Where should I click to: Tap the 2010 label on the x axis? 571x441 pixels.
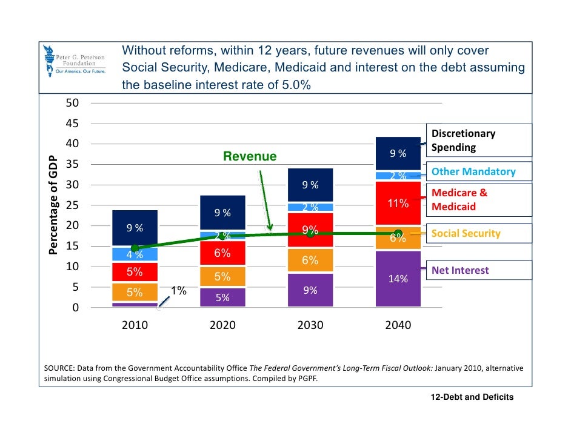135,325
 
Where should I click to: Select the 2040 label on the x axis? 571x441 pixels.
398,325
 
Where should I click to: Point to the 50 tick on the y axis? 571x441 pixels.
73,103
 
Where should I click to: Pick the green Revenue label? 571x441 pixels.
250,157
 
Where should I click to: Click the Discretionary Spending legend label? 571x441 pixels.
463,141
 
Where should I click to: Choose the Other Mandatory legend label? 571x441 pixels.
473,171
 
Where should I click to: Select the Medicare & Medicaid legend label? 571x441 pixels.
459,200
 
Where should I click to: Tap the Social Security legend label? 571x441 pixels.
466,233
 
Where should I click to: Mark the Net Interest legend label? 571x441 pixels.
459,270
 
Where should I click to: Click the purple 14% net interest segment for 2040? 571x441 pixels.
398,279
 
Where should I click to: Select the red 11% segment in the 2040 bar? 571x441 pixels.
398,204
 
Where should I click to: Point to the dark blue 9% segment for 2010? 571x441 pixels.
135,228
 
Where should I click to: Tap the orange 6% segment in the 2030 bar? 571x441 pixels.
310,260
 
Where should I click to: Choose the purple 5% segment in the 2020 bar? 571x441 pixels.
222,297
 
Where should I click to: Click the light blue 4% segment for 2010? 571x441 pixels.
135,254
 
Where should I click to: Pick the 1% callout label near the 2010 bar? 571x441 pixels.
178,291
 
